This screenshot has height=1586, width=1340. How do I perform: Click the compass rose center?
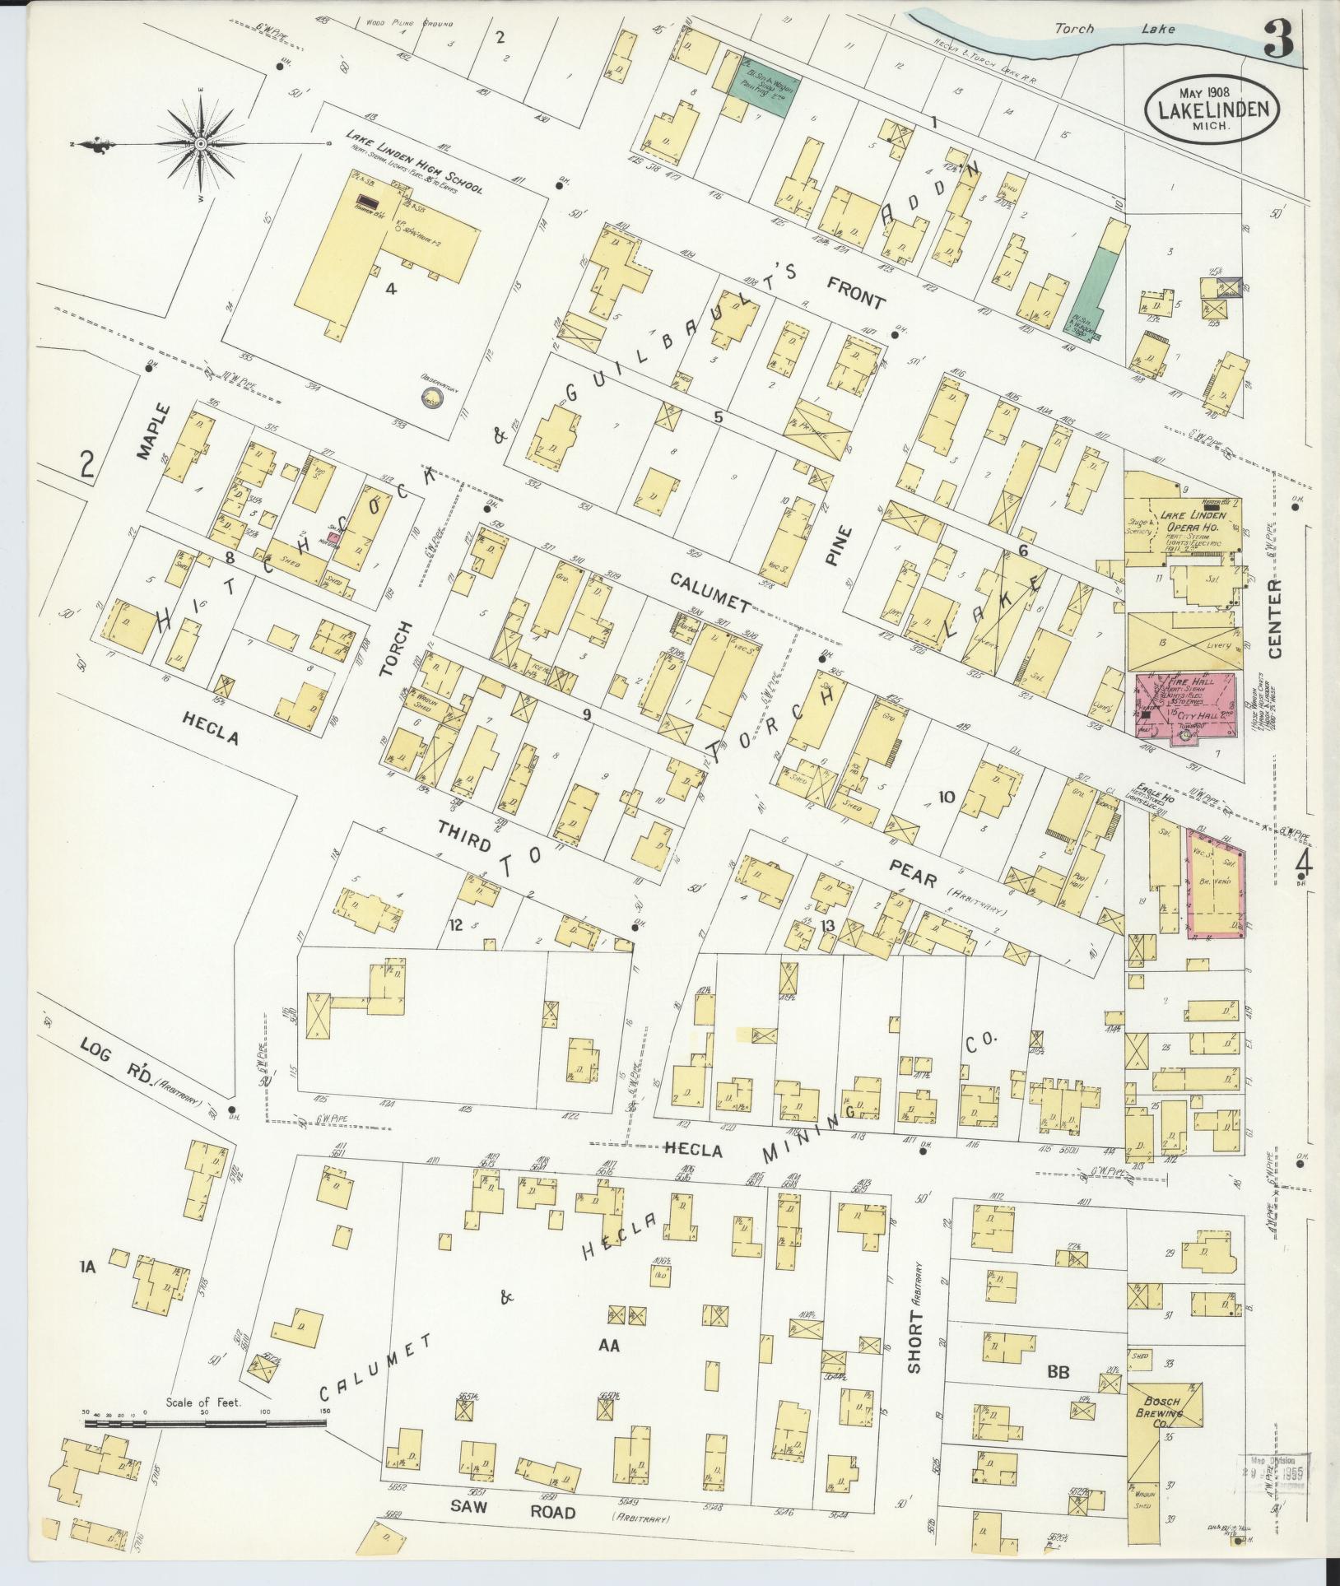click(200, 143)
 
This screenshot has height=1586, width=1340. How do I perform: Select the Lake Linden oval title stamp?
click(1211, 111)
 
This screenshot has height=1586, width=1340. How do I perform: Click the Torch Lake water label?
click(1114, 30)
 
